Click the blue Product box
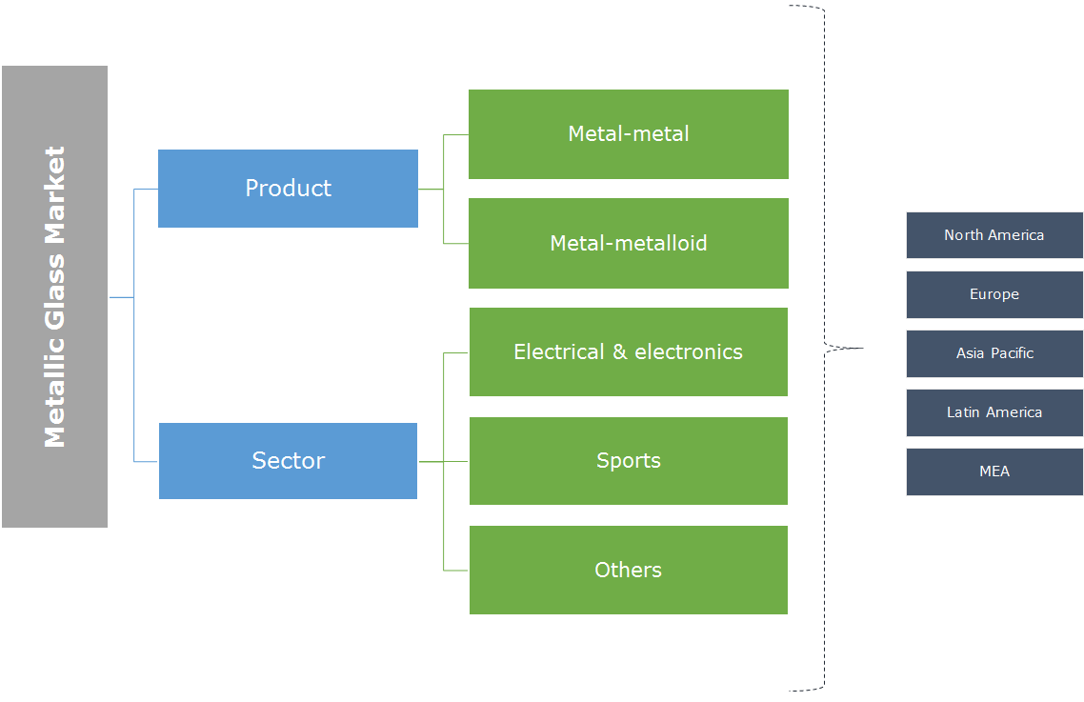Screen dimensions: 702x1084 coord(288,189)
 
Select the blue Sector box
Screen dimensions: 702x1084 coord(288,461)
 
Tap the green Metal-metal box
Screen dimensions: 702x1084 coord(629,134)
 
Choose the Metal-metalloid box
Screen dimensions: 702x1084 coord(629,243)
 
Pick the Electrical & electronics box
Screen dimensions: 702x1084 coord(629,351)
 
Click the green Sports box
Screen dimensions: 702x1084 coord(629,461)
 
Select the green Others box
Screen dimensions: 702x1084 coord(629,570)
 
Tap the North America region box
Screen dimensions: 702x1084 coord(994,235)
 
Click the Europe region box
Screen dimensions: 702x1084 coord(994,294)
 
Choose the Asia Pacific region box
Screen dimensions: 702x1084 coord(994,353)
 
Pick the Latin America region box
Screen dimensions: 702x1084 coord(994,412)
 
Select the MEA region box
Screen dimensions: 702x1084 coord(994,471)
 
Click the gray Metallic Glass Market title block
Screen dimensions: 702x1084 coord(54,296)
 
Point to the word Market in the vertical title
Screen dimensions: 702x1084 coord(55,190)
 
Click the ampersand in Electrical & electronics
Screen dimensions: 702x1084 coord(619,352)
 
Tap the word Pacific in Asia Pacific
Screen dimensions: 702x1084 coord(1012,353)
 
